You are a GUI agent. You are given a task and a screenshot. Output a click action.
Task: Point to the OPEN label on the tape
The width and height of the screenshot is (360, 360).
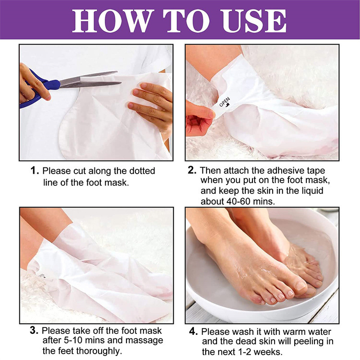225,102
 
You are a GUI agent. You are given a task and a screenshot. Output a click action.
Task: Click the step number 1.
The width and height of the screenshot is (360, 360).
35,171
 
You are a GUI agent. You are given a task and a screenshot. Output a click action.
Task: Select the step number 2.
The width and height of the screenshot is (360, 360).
192,171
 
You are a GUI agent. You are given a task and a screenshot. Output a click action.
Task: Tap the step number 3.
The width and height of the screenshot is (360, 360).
34,331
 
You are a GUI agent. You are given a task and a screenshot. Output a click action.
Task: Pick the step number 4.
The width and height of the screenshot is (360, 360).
193,332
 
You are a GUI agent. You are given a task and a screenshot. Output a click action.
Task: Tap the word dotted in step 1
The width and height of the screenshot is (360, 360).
142,171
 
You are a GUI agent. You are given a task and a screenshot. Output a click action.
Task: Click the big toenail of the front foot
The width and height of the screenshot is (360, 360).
301,286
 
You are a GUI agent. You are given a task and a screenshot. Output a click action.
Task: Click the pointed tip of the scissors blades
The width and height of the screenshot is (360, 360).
121,83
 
